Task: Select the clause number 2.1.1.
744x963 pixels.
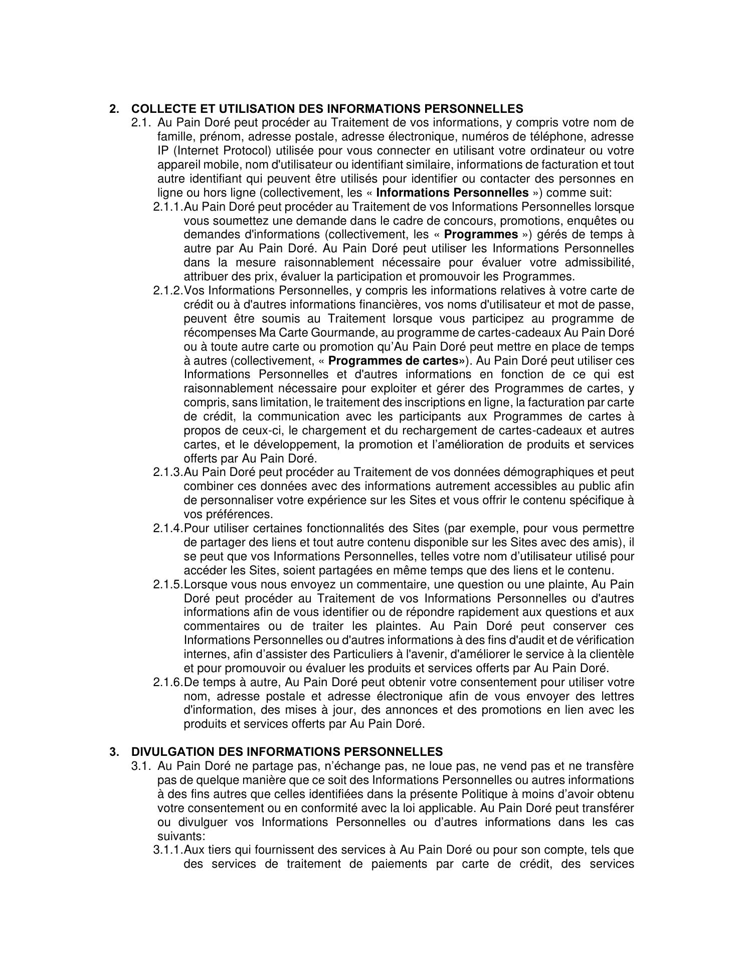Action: (168, 207)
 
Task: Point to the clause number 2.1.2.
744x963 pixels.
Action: (168, 291)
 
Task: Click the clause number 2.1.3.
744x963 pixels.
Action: (168, 472)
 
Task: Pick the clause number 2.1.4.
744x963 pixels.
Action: (168, 529)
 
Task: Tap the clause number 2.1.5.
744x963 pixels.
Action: (168, 584)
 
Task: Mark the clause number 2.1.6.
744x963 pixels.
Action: (168, 683)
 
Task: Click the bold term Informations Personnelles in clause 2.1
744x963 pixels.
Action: (452, 193)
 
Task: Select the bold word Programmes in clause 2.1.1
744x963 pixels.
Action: (481, 235)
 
